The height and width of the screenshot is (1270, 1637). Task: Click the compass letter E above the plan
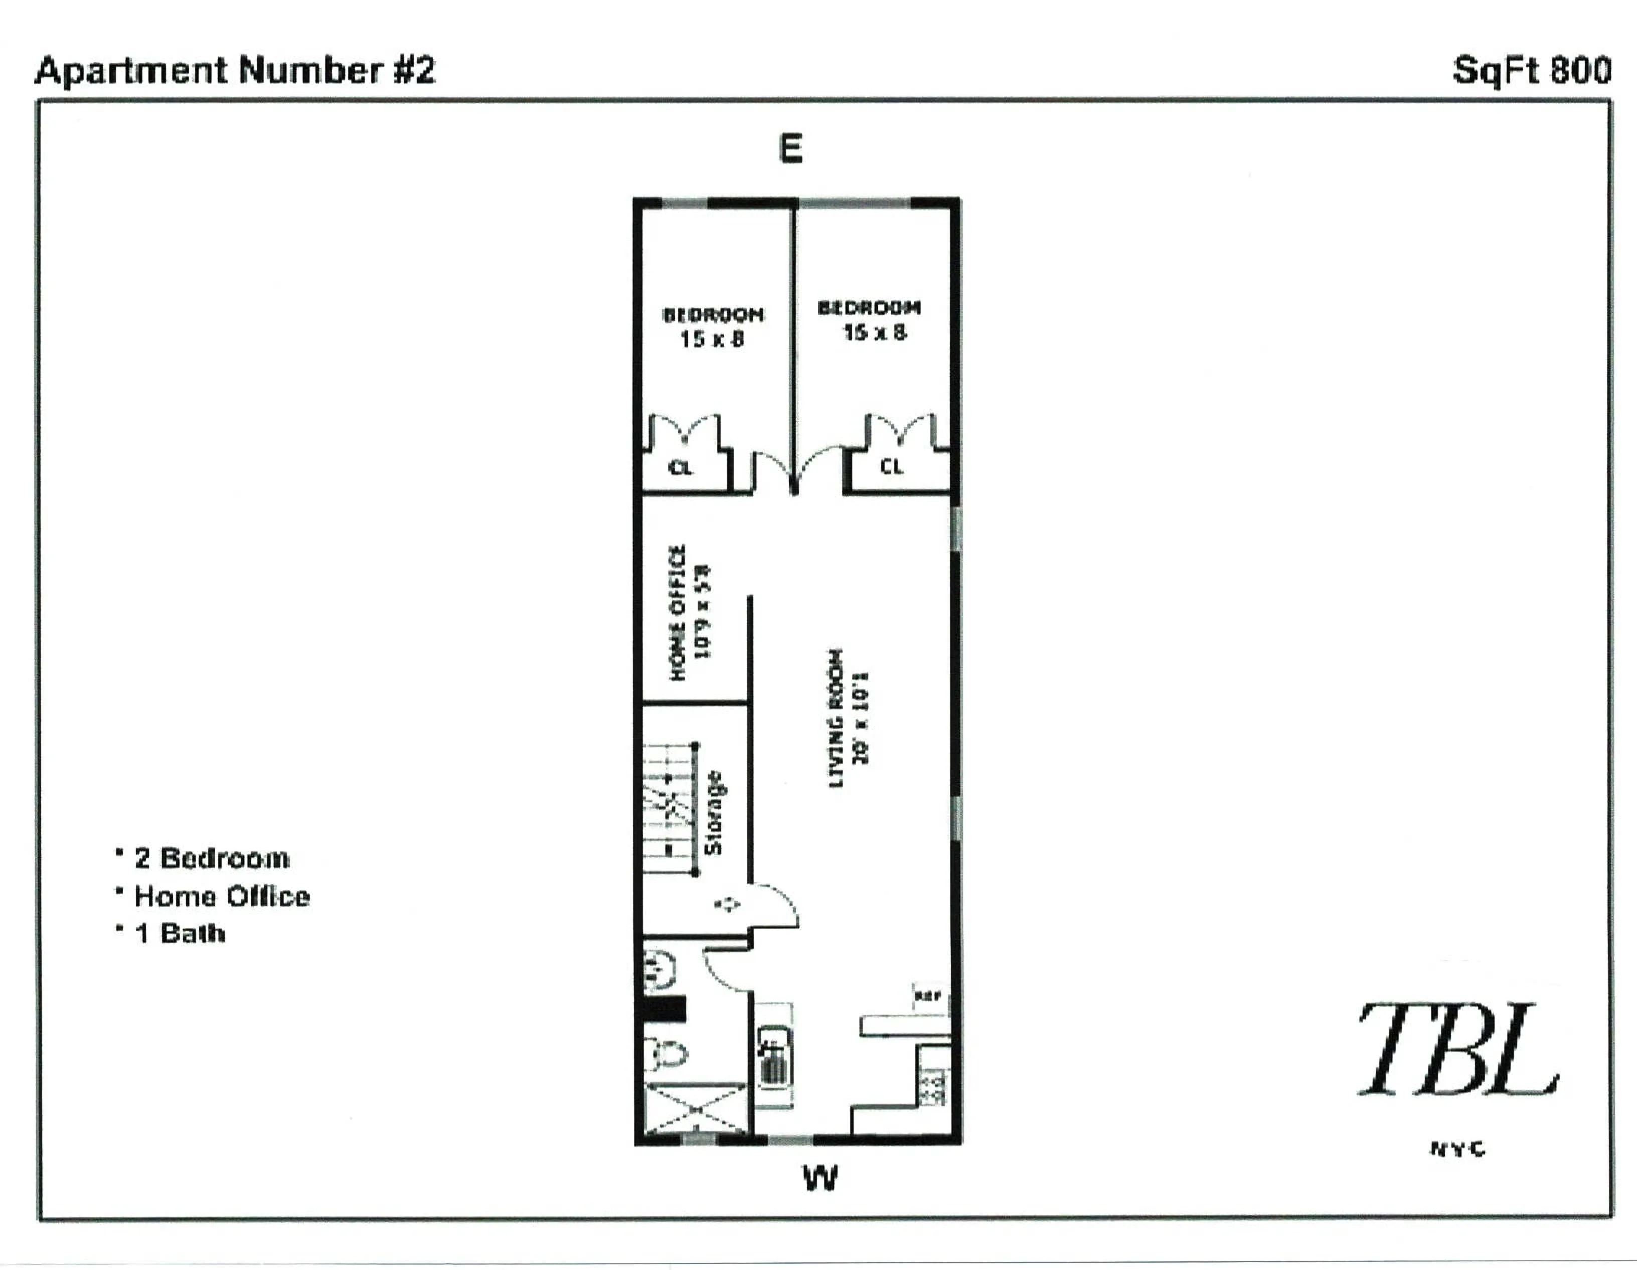pyautogui.click(x=791, y=148)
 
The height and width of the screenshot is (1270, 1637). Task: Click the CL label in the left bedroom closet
pyautogui.click(x=680, y=468)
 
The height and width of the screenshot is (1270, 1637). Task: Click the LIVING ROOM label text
pyautogui.click(x=835, y=718)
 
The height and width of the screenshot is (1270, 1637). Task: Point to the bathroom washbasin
pyautogui.click(x=660, y=970)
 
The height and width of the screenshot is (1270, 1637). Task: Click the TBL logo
pyautogui.click(x=1458, y=1051)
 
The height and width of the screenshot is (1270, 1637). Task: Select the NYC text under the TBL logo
pyautogui.click(x=1458, y=1149)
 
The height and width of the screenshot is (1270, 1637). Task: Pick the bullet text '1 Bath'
pyautogui.click(x=180, y=934)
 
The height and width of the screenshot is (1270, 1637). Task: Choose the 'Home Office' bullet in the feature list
pyautogui.click(x=222, y=897)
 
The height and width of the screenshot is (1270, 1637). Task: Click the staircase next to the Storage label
pyautogui.click(x=669, y=809)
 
